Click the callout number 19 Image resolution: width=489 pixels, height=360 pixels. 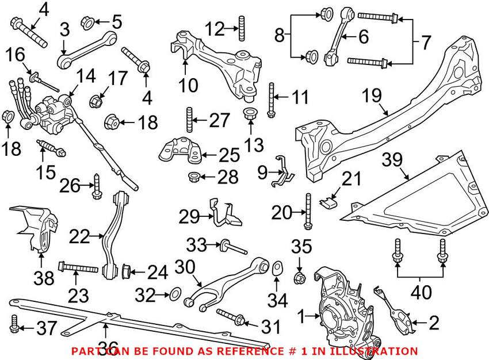370,95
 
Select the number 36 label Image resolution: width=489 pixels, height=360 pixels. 106,346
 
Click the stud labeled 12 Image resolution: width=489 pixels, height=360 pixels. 241,27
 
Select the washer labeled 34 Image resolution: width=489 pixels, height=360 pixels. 276,268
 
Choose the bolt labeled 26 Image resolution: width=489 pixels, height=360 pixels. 97,185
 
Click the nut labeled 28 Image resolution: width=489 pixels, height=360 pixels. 194,175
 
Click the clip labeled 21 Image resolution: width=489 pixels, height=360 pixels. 327,201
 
